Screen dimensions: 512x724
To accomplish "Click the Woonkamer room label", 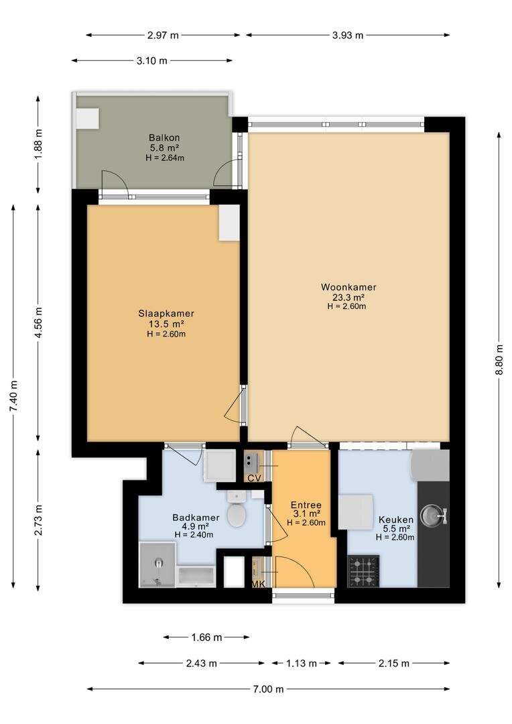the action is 348,287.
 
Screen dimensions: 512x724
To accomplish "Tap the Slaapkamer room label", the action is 166,314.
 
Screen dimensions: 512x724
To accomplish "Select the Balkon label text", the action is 164,137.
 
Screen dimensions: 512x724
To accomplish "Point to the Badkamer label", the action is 196,518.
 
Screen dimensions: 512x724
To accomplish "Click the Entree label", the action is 306,505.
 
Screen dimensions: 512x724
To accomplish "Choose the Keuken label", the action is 395,520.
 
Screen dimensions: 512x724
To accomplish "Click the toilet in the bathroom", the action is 237,509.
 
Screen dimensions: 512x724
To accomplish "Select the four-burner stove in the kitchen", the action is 363,570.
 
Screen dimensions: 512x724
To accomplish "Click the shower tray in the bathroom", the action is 157,564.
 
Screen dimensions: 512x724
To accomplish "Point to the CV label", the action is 255,479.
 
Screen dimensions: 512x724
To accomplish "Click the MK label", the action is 258,584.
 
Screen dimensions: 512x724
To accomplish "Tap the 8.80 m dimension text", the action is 499,361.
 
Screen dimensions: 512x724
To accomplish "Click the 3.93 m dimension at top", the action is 348,35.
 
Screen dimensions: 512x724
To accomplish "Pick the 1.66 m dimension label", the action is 207,638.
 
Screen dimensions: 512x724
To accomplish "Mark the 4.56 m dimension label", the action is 39,322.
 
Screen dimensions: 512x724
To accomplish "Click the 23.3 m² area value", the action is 349,298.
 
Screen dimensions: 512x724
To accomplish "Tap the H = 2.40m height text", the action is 194,535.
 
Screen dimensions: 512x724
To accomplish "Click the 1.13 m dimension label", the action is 302,664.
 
